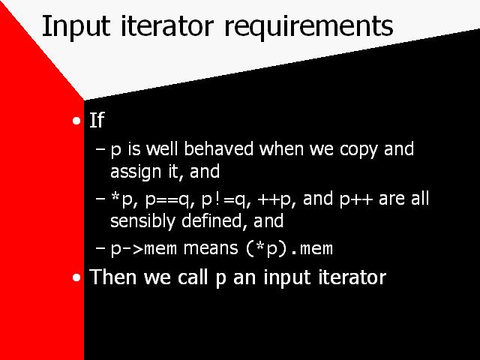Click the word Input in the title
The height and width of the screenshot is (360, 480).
pyautogui.click(x=76, y=27)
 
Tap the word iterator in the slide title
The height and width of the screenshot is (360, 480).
pyautogui.click(x=167, y=25)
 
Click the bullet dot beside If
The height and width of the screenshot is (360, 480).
pyautogui.click(x=76, y=121)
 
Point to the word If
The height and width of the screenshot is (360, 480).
pyautogui.click(x=97, y=120)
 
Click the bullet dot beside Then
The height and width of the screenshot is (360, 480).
pyautogui.click(x=76, y=277)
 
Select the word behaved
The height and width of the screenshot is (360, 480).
pyautogui.click(x=218, y=149)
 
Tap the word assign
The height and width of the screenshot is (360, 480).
pyautogui.click(x=136, y=172)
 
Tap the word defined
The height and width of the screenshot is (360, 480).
pyautogui.click(x=211, y=220)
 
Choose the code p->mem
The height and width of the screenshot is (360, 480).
pyautogui.click(x=143, y=248)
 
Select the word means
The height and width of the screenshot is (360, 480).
pyautogui.click(x=211, y=248)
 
